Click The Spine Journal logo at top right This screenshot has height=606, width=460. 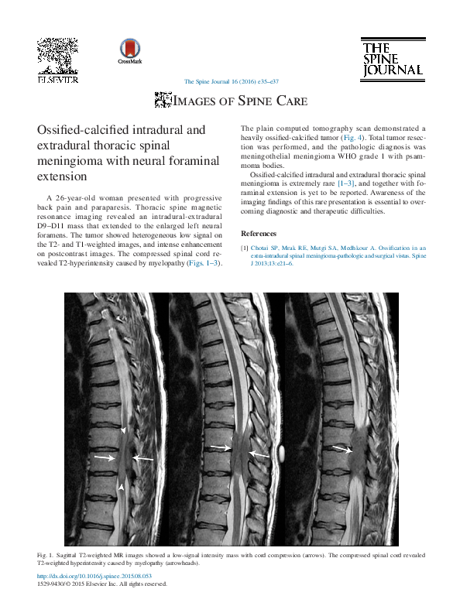391,59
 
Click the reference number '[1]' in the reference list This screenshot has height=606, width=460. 245,248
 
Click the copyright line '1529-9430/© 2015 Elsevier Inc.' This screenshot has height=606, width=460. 101,585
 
